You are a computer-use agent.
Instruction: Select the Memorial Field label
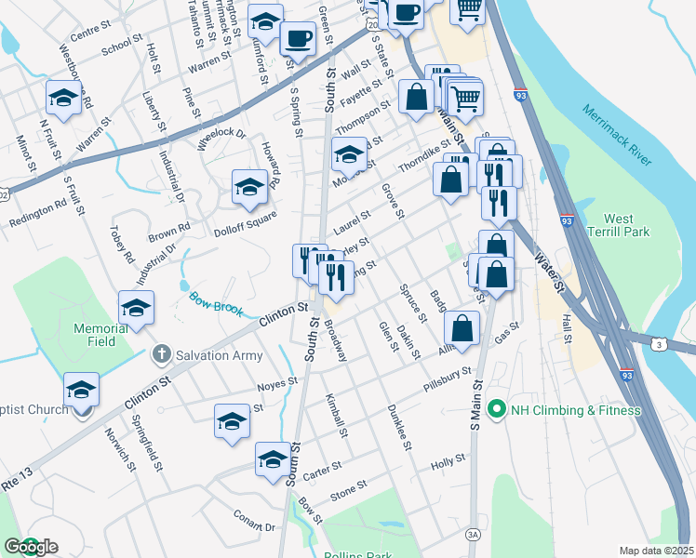coord(102,335)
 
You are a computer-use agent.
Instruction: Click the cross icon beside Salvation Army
coord(161,353)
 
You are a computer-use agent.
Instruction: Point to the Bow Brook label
coord(216,303)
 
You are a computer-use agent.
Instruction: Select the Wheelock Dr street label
coord(221,139)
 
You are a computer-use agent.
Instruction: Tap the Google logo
coord(30,547)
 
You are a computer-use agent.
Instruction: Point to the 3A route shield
coord(474,533)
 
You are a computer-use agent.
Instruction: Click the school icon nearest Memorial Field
coord(136,308)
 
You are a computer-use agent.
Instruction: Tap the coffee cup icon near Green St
coord(297,38)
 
